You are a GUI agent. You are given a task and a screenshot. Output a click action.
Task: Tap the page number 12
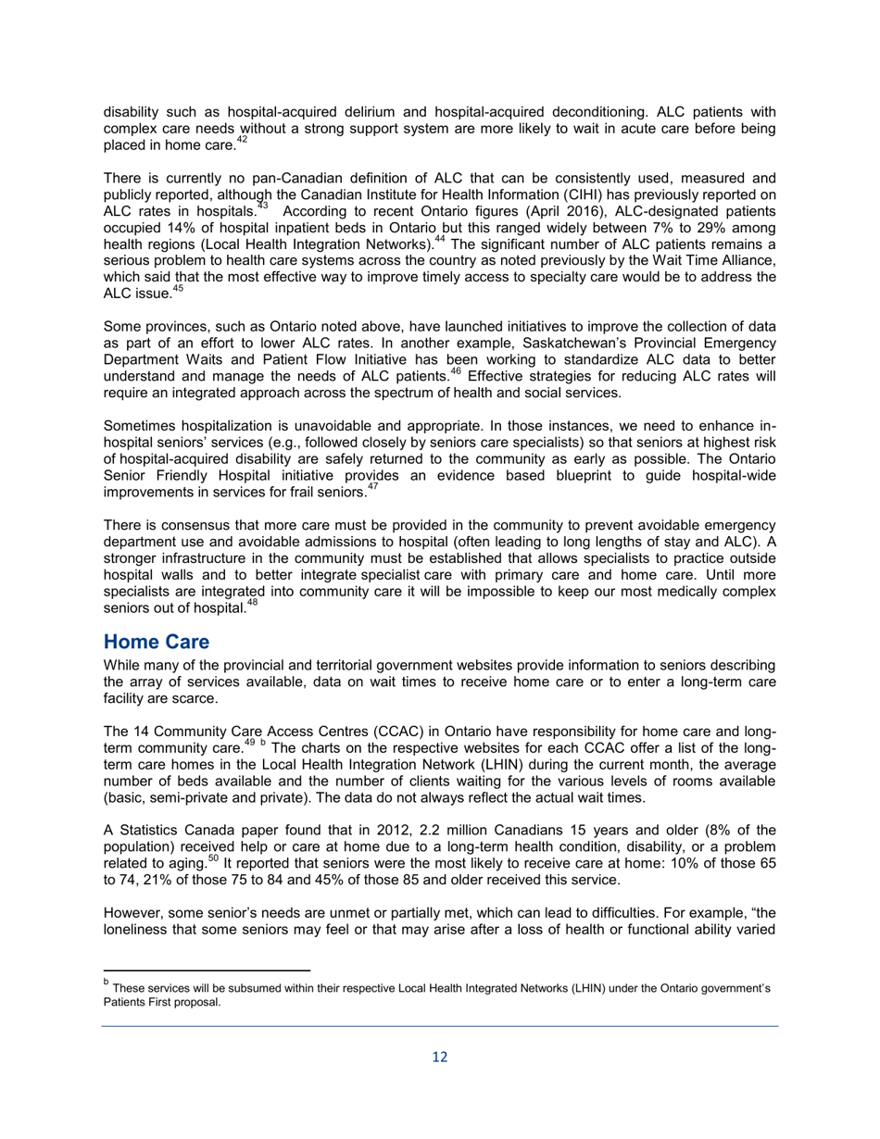click(x=440, y=1057)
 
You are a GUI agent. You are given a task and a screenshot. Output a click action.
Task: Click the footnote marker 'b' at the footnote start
click(x=107, y=982)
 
